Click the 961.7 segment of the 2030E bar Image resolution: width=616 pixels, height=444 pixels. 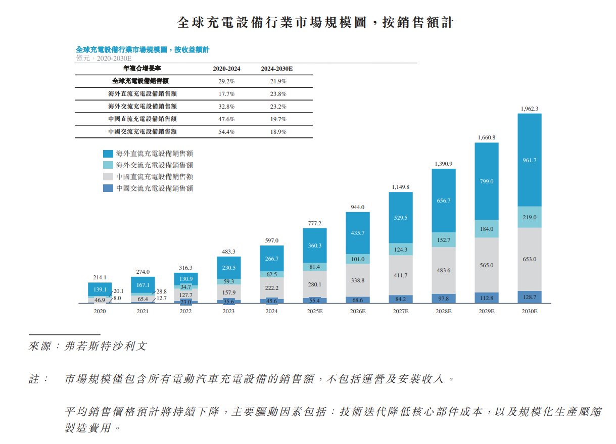tap(529, 160)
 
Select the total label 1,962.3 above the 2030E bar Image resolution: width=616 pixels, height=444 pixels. tap(529, 109)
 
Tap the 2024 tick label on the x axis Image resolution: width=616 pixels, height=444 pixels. tap(271, 312)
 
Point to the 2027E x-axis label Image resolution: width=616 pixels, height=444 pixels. tap(400, 312)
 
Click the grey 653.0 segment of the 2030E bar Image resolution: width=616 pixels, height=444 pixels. tap(529, 259)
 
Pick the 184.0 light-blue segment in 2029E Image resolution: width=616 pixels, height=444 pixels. tap(486, 229)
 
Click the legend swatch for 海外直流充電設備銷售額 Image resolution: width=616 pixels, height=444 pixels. tap(108, 154)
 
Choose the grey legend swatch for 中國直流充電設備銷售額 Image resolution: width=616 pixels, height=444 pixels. tap(108, 177)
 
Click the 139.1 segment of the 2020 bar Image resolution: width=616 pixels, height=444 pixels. tap(100, 289)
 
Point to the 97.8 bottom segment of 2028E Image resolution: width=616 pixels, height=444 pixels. tap(443, 299)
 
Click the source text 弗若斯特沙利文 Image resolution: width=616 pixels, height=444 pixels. tap(104, 347)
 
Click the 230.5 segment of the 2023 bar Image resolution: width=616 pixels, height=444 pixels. tap(228, 268)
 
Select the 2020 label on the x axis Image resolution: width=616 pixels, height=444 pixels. tap(100, 312)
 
